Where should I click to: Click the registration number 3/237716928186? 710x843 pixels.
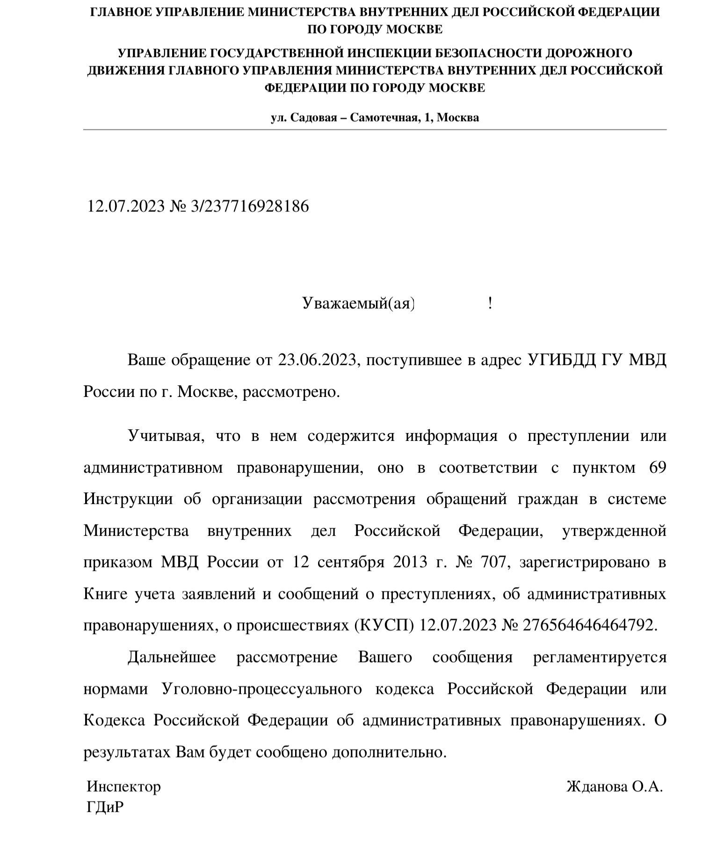pos(250,206)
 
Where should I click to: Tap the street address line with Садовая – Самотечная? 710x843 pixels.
pos(375,117)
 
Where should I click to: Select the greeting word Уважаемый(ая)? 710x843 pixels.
pos(358,304)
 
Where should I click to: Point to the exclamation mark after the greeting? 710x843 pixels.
pos(490,304)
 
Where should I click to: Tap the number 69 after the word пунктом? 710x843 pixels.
pos(658,468)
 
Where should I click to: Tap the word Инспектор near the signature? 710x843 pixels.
pos(123,786)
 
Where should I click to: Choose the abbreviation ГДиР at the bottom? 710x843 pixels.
pos(105,807)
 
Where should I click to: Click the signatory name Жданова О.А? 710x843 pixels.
pos(614,786)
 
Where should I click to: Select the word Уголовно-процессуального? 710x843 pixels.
pos(262,689)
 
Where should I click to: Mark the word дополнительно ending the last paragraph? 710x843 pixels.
pos(387,752)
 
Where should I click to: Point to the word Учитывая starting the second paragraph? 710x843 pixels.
pos(165,436)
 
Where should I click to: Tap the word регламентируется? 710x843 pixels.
pos(600,657)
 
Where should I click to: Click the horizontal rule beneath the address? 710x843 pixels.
pos(375,129)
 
